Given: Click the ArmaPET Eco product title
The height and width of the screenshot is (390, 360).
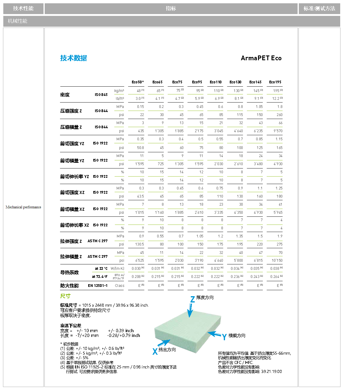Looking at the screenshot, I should [261, 58].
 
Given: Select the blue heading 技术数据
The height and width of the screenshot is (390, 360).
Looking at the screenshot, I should [73, 58].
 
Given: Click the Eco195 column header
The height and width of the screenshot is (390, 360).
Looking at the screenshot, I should [275, 82].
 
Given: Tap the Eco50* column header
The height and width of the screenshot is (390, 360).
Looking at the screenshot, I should [138, 82].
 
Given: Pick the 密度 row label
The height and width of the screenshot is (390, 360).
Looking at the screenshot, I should [65, 95].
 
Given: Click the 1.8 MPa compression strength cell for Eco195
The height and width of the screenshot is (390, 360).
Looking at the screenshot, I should [280, 107].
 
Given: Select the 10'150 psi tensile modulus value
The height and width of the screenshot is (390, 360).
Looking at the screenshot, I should [277, 260].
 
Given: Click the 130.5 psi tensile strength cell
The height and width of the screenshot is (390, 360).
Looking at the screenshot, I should [139, 244].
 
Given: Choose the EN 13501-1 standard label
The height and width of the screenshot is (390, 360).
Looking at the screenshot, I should [97, 286].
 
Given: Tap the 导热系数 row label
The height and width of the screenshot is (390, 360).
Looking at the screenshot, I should [69, 272].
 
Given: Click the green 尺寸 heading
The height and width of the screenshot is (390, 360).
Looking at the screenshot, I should [65, 296].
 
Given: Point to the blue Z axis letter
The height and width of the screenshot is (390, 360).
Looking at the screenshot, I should [192, 299].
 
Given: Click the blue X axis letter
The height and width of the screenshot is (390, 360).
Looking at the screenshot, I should [155, 351].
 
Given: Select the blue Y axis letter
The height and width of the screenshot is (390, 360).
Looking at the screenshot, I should [224, 337].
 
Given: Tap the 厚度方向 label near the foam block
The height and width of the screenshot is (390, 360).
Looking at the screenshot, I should [205, 298].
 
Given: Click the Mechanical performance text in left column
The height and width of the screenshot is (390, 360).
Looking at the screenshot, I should [23, 207].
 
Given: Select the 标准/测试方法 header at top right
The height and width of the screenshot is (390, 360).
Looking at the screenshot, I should [319, 9].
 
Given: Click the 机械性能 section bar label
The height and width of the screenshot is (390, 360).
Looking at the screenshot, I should [17, 21].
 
